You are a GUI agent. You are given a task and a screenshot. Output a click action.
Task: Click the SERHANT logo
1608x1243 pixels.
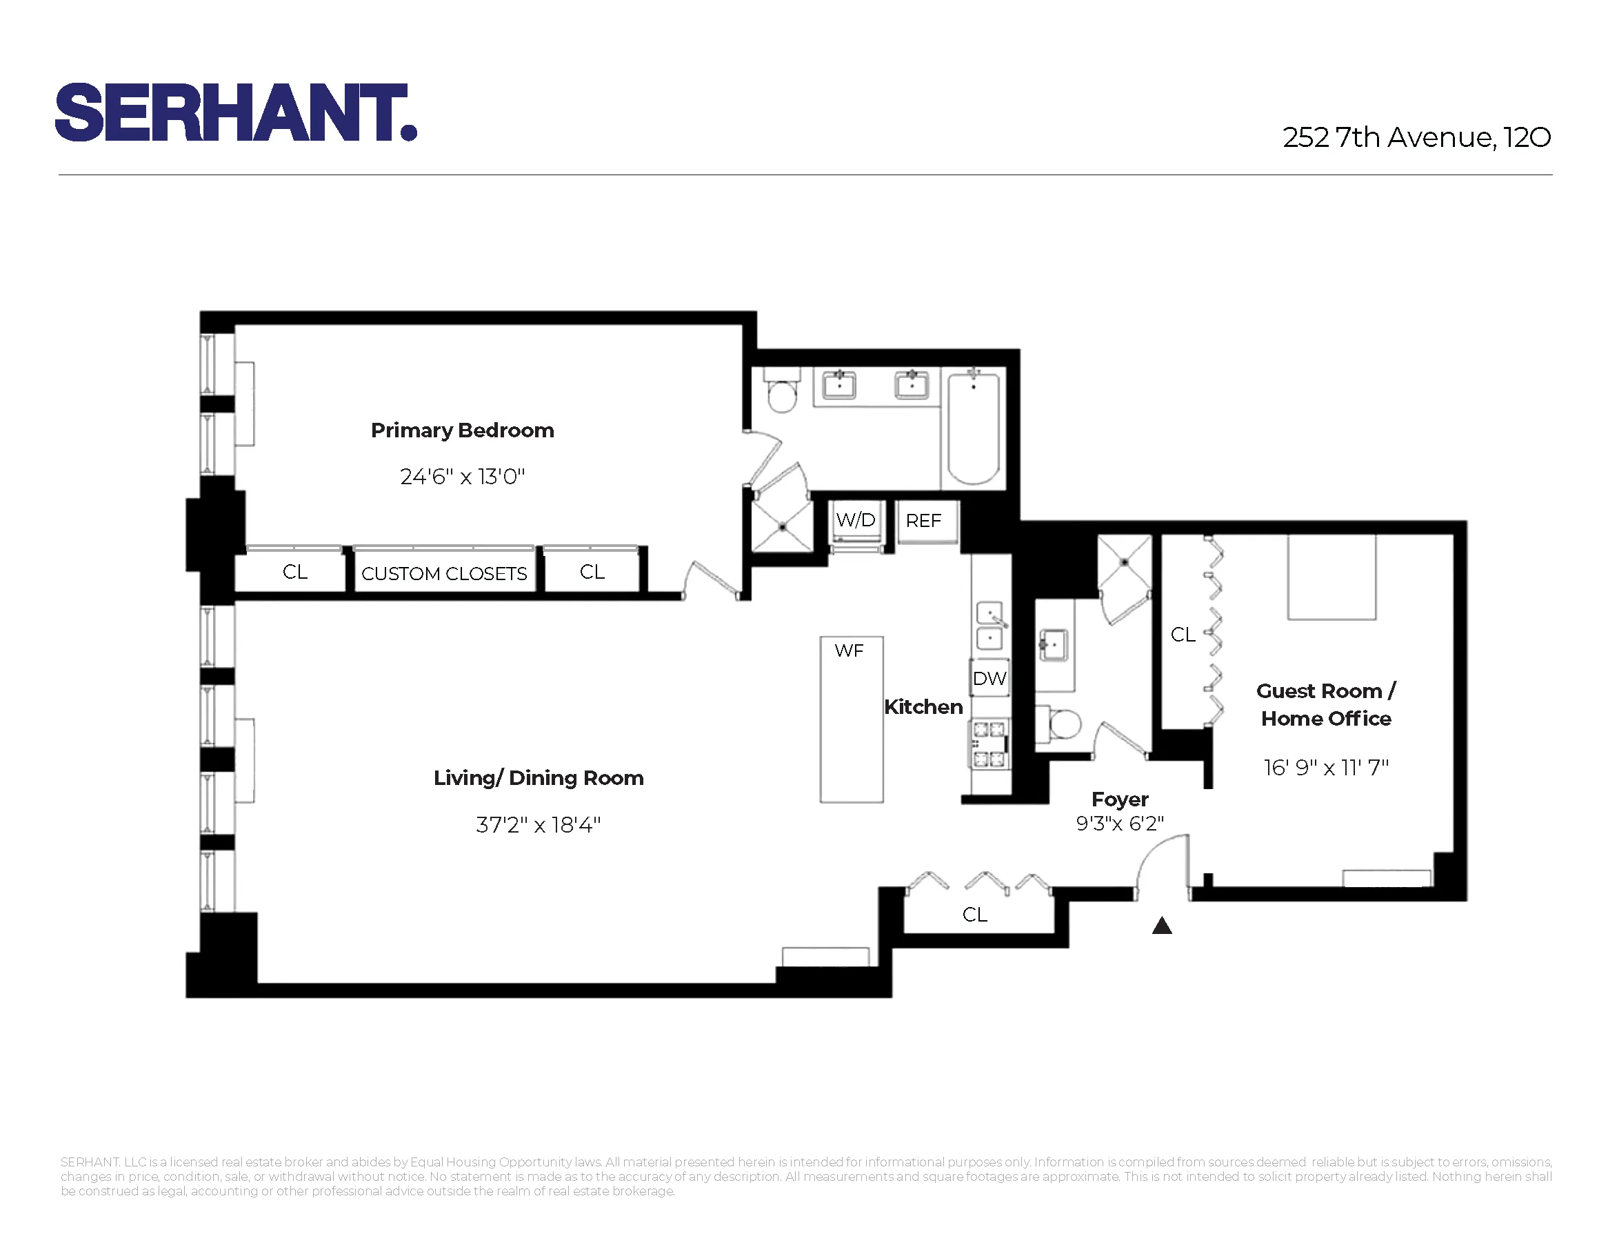coord(236,112)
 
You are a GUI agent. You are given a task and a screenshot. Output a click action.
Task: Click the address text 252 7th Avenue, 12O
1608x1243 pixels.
coord(1416,138)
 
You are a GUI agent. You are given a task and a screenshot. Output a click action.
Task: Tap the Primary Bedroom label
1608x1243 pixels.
coord(463,430)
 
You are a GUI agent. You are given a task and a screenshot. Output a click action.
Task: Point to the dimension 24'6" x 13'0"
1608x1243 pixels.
coord(463,477)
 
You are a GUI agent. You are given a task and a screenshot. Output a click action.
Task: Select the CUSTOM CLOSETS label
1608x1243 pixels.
coord(444,574)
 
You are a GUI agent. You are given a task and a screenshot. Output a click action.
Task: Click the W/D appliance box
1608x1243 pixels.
coord(856,521)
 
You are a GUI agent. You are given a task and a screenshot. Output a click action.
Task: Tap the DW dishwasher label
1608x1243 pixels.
coord(989,678)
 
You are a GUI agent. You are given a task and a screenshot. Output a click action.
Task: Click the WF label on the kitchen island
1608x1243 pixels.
coord(849,651)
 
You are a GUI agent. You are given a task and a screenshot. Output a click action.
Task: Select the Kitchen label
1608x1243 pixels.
coord(923,707)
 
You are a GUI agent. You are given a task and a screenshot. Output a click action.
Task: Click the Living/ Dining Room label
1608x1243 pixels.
coord(539,777)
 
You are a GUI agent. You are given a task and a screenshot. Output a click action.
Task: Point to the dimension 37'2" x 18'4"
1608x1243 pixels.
coord(539,825)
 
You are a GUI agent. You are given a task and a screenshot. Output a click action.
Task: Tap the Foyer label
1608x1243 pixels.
coord(1119,799)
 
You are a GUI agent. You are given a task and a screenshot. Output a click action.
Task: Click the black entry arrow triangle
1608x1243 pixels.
coord(1161,926)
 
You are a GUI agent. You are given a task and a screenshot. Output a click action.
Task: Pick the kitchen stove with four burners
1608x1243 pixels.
coord(989,744)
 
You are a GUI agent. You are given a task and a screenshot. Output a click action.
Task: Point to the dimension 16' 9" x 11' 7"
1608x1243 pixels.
coord(1325,767)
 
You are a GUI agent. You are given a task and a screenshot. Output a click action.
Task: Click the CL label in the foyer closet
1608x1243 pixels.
coord(974,915)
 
